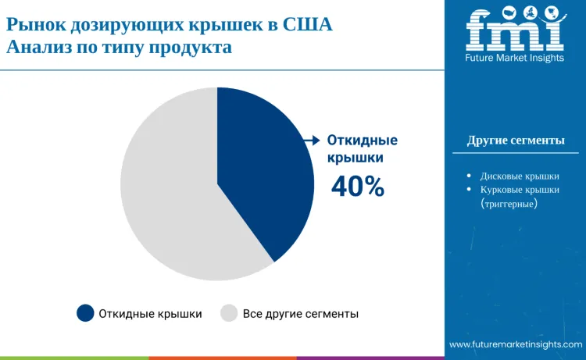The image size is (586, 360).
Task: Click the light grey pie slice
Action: click(168, 195)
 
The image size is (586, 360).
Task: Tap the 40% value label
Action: click(358, 187)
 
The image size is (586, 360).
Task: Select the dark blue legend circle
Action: click(85, 313)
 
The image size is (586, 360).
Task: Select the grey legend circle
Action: click(229, 313)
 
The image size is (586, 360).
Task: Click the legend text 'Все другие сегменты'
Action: click(301, 314)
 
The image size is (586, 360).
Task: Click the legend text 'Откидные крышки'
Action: click(150, 314)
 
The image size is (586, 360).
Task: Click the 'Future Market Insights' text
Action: click(514, 58)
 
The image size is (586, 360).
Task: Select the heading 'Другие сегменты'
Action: click(516, 141)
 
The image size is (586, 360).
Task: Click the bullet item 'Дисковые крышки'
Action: click(520, 176)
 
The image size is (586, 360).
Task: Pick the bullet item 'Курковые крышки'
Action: click(520, 190)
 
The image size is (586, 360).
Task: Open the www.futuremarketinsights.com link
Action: click(516, 344)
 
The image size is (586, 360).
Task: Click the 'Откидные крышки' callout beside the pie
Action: click(362, 148)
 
